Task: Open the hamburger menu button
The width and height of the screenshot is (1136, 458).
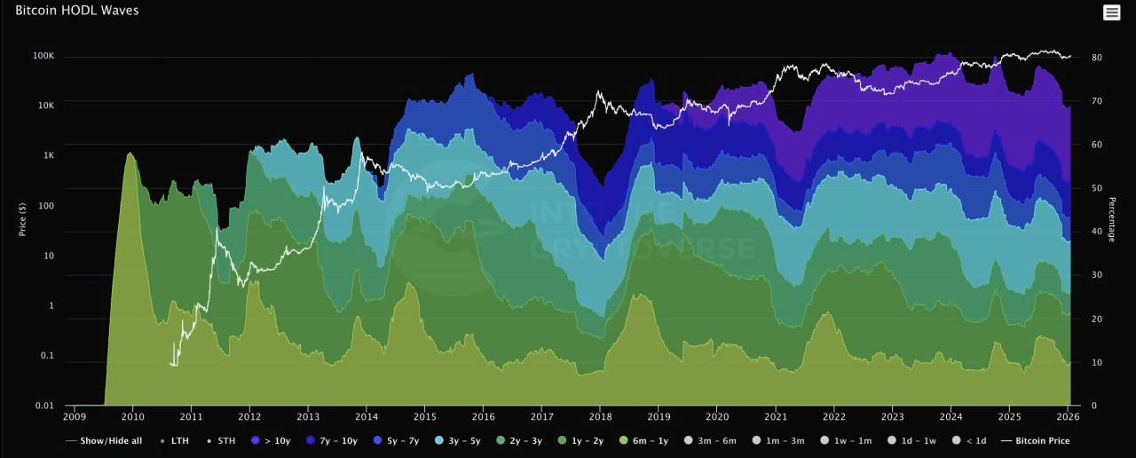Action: [1111, 12]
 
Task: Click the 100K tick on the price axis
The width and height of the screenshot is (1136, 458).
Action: [43, 56]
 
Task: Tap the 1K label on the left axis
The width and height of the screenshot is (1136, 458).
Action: [47, 155]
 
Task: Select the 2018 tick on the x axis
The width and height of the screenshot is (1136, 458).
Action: [601, 416]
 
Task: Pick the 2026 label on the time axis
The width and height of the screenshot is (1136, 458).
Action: [1069, 416]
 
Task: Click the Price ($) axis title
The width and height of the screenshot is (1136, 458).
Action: [22, 217]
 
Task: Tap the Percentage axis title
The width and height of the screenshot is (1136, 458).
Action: [1110, 217]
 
